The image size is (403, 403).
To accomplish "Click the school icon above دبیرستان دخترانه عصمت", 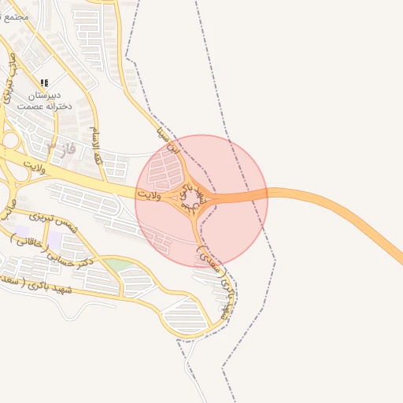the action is pyautogui.click(x=44, y=82).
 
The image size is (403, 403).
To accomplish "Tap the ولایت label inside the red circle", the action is pyautogui.click(x=148, y=194).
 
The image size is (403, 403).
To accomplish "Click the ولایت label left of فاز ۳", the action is pyautogui.click(x=36, y=167).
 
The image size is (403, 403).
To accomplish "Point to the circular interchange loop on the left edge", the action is pyautogui.click(x=9, y=141).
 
